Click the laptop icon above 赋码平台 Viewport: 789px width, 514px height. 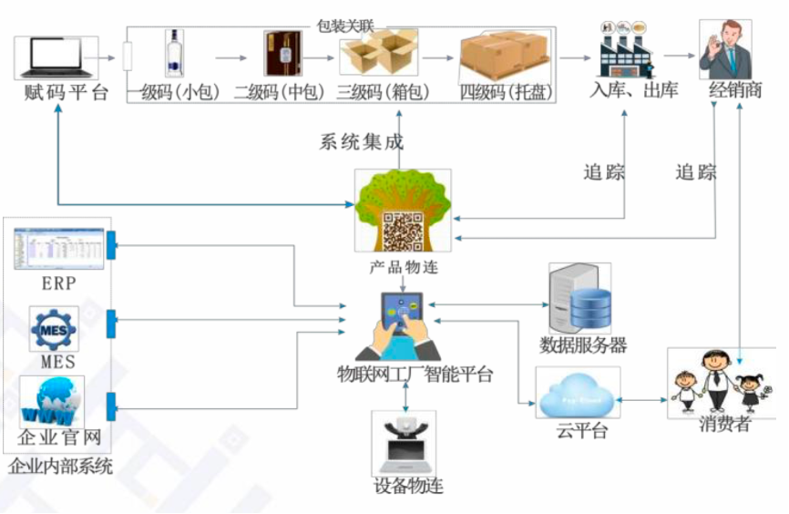click(56, 57)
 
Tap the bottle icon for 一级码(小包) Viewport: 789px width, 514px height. click(173, 53)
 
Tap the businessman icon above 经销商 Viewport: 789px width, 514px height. click(725, 49)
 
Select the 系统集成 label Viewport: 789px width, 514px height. click(361, 142)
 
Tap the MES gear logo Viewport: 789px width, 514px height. click(55, 329)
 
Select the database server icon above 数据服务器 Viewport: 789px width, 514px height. click(580, 300)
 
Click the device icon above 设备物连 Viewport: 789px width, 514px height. click(404, 442)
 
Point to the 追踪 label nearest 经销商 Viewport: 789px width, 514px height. click(695, 171)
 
